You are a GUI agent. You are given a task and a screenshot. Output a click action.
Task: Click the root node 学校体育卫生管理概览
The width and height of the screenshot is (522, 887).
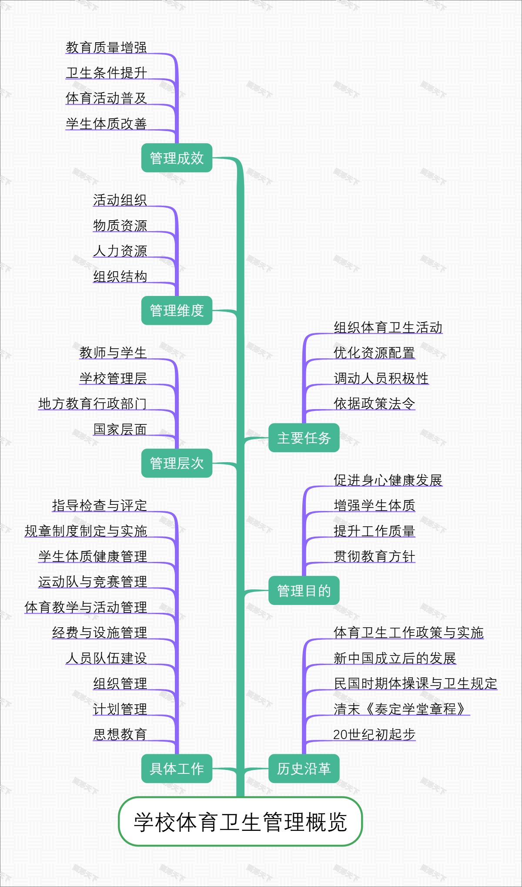tap(240, 822)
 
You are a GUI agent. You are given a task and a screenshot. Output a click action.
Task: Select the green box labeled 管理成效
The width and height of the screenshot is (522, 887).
tap(177, 158)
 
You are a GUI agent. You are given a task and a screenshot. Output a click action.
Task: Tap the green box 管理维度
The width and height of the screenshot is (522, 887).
tap(177, 310)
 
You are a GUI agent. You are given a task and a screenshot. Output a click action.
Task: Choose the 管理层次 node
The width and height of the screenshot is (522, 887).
tap(177, 463)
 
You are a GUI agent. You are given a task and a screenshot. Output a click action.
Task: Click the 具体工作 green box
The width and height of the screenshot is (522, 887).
tap(177, 769)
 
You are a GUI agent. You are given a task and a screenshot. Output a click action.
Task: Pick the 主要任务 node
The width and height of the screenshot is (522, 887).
tap(304, 438)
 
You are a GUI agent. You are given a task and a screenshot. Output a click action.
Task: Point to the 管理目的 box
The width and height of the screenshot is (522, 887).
tap(304, 591)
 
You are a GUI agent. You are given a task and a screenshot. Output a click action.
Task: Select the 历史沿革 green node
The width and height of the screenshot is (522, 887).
tap(304, 769)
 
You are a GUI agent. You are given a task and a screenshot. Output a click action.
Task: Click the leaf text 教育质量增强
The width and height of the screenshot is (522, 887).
tap(106, 47)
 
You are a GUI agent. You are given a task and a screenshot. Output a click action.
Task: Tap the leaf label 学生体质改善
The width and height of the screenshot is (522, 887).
tap(106, 124)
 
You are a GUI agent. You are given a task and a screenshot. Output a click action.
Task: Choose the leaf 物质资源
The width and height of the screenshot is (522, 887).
tap(120, 225)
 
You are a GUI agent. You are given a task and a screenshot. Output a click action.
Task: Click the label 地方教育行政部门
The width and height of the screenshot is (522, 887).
tap(92, 403)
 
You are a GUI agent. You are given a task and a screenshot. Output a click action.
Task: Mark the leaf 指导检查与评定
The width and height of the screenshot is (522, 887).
tap(99, 505)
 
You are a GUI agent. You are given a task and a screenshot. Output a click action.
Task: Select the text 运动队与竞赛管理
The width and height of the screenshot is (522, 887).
tap(92, 581)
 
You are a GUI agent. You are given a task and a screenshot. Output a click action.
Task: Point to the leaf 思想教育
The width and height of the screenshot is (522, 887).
tap(120, 734)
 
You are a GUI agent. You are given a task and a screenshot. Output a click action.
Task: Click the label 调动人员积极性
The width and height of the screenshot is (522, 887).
tap(381, 378)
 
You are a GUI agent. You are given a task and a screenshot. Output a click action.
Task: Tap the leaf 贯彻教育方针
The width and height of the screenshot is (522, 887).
tap(374, 556)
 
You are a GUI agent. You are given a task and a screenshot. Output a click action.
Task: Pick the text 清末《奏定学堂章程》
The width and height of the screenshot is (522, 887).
tap(401, 709)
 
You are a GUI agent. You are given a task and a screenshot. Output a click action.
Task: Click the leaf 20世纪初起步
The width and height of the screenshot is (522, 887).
tap(374, 734)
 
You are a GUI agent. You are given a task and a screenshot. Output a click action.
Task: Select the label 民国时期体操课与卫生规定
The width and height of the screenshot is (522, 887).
tap(415, 683)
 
